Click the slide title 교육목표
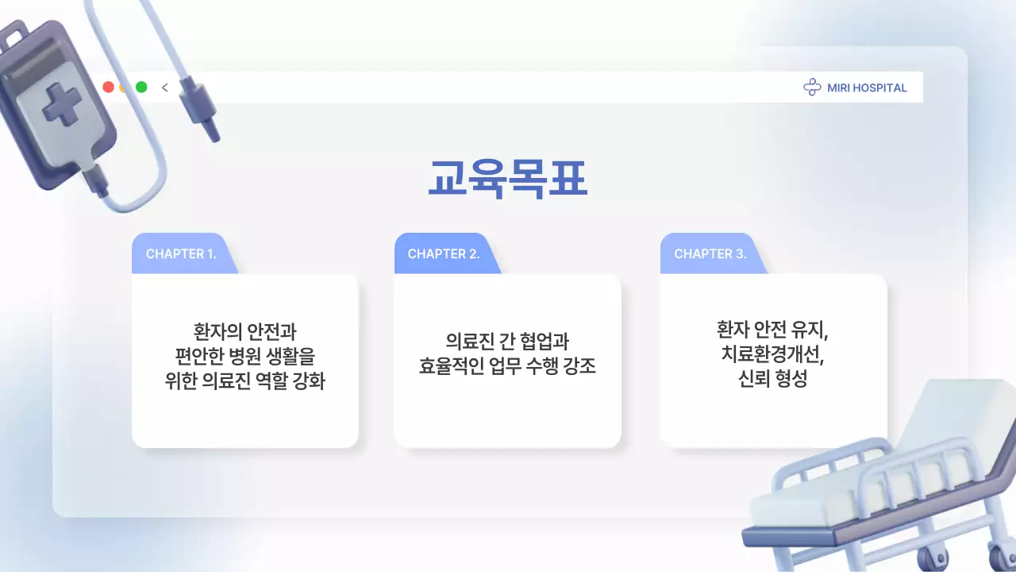508,179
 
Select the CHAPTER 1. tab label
181,254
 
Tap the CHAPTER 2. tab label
444,254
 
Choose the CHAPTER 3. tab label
710,254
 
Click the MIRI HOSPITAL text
867,88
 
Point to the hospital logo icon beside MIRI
812,88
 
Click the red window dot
108,87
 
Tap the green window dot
141,87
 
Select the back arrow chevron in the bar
165,87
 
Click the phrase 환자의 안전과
244,330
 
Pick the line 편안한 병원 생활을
244,355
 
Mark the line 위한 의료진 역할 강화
244,381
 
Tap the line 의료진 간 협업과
507,342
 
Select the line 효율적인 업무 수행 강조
507,367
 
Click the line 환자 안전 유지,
772,329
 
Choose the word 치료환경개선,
772,354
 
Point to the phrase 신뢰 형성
772,380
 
